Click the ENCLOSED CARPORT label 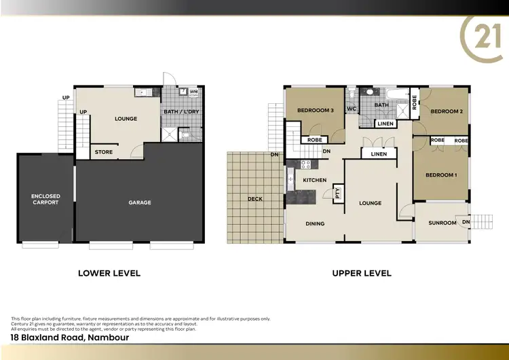[x=45, y=199]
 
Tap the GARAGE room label [x=140, y=202]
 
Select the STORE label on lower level [x=104, y=152]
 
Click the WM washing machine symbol [x=193, y=92]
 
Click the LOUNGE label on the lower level [x=126, y=119]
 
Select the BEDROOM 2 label [x=446, y=111]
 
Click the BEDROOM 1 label [x=440, y=175]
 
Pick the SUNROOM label [x=441, y=223]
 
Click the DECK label [x=254, y=199]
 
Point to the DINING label [x=315, y=223]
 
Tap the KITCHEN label [x=315, y=180]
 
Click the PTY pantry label [x=336, y=194]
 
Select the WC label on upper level [x=352, y=109]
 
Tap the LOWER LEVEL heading [x=109, y=273]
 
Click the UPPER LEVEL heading [x=361, y=273]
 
